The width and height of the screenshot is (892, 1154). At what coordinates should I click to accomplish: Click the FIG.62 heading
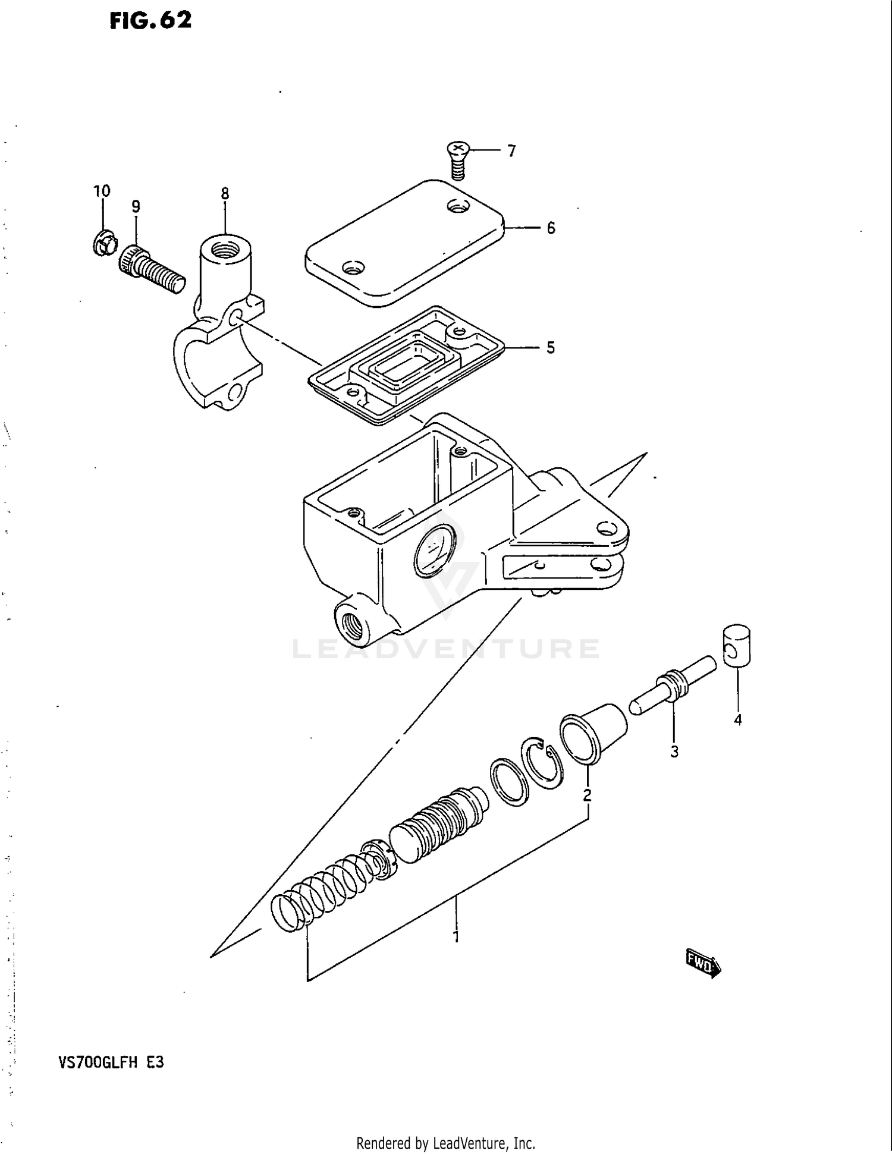pyautogui.click(x=150, y=20)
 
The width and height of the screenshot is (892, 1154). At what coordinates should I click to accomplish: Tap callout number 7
pyautogui.click(x=511, y=151)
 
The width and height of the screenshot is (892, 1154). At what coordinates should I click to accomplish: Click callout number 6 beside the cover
pyautogui.click(x=551, y=228)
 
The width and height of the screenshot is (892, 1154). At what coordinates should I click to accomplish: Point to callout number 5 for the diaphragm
pyautogui.click(x=551, y=348)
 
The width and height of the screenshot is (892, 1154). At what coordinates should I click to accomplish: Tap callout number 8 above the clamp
pyautogui.click(x=225, y=194)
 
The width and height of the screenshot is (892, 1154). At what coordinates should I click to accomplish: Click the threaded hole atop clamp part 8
pyautogui.click(x=225, y=249)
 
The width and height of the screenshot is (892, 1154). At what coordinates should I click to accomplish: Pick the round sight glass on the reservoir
pyautogui.click(x=434, y=552)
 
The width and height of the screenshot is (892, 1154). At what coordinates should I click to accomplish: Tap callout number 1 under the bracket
pyautogui.click(x=456, y=937)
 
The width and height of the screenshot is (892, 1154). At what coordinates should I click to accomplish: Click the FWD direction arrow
pyautogui.click(x=703, y=963)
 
